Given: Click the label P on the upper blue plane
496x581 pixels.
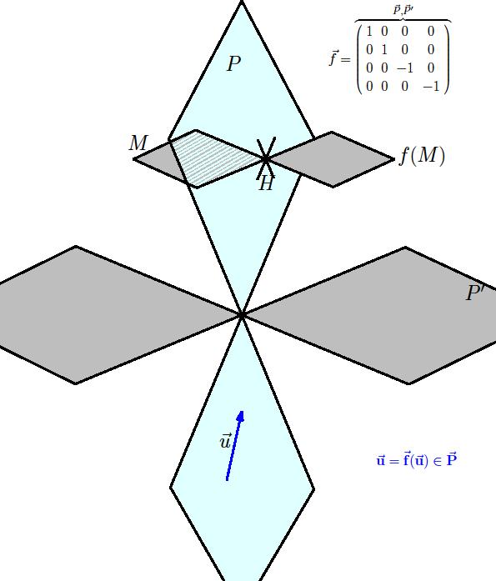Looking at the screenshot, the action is [x=233, y=63].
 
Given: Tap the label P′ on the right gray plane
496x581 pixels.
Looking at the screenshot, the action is [x=475, y=293].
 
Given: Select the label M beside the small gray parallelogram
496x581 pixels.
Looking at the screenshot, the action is [x=139, y=143].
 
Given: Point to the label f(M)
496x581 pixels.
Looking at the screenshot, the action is [x=422, y=155].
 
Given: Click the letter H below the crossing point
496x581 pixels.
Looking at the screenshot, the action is [x=266, y=183].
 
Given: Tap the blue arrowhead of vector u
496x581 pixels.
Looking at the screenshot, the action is [x=240, y=416].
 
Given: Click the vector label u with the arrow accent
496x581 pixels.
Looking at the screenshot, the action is [x=225, y=441].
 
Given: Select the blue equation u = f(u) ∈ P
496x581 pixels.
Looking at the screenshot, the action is [x=416, y=460].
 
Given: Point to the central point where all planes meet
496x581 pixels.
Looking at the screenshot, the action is [x=242, y=315].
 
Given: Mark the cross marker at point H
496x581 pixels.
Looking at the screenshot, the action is [x=266, y=159].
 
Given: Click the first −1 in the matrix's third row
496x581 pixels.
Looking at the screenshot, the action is [x=404, y=68].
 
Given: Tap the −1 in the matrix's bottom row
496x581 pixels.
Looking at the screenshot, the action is [x=431, y=87].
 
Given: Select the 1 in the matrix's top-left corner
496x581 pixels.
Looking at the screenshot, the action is [x=369, y=32].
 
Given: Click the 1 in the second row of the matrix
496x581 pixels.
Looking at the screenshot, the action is [x=384, y=49].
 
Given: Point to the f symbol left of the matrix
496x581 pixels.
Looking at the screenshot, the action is [x=333, y=58].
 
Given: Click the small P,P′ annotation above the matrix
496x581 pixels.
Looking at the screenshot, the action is [x=403, y=10].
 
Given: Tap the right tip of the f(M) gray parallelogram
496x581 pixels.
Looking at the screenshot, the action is [x=394, y=160].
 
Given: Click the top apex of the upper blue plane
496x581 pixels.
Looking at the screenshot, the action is [x=242, y=2].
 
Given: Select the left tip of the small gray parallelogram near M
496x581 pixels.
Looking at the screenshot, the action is [x=133, y=159].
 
